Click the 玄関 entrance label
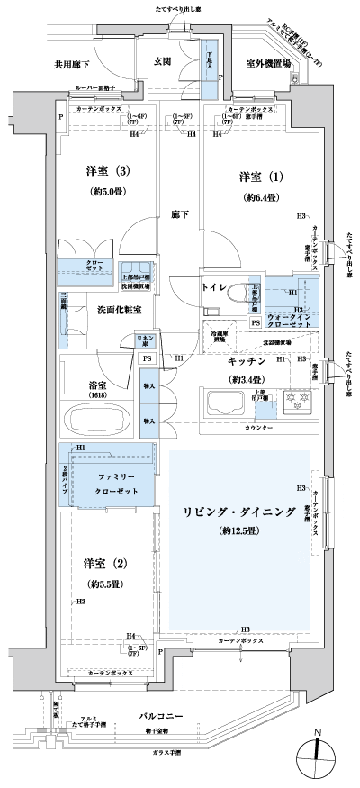(162, 61)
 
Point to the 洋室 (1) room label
(256, 176)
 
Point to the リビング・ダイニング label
(240, 511)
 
